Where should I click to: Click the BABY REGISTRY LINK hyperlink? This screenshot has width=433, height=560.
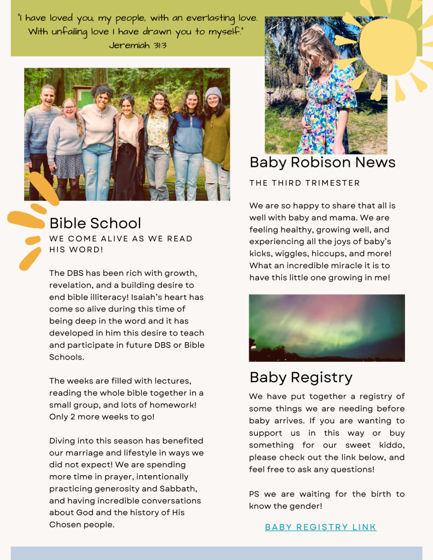pos(320,527)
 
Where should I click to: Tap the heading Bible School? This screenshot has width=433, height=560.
pos(95,223)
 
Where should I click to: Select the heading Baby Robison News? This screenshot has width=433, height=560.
pos(322,162)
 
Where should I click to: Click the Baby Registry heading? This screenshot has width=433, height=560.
pos(301,377)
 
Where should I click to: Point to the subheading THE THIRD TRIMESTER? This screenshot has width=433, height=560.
pos(305,183)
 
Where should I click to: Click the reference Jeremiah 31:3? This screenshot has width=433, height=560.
pos(137,45)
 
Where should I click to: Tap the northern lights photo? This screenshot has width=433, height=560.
pos(327,327)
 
